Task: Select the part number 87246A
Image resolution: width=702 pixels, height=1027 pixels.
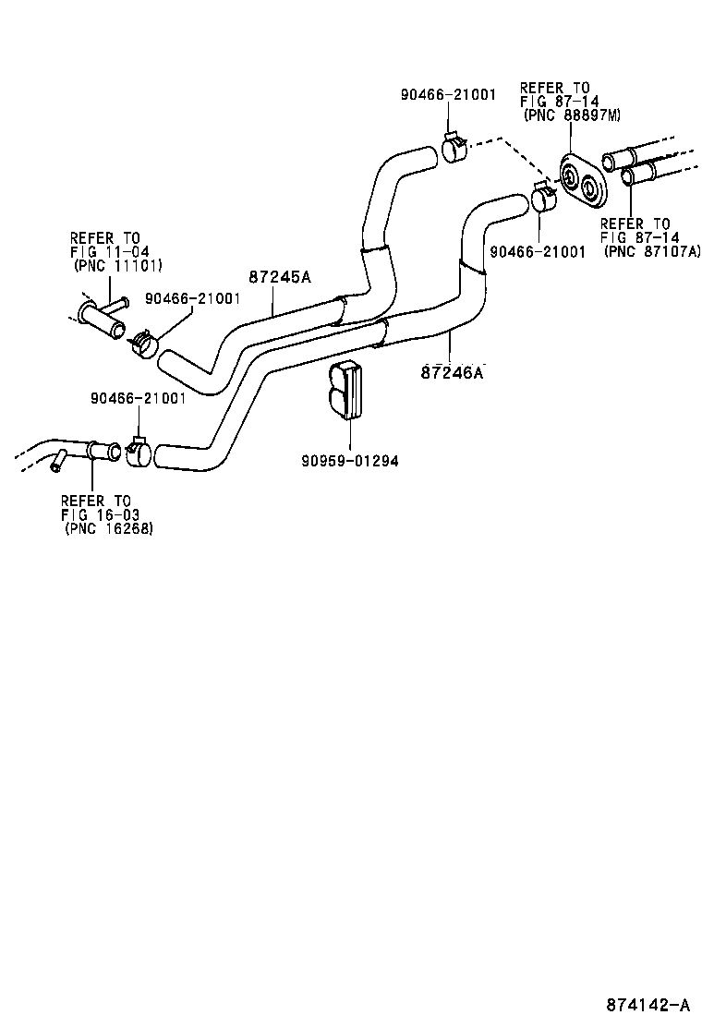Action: click(x=453, y=372)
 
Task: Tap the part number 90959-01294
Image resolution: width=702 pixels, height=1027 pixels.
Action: click(x=349, y=461)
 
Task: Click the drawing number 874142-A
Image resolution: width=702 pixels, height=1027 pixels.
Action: click(x=648, y=1005)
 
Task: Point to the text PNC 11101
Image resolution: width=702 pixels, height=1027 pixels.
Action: click(x=117, y=266)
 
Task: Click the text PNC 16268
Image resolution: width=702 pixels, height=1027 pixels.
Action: click(x=109, y=528)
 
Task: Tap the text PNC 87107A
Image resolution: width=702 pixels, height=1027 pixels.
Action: click(x=652, y=250)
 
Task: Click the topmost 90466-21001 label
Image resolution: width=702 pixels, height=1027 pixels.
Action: click(x=448, y=94)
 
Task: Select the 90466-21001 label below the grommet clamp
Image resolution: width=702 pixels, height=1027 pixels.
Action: click(x=538, y=250)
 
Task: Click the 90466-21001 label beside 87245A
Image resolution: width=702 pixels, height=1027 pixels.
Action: click(x=193, y=298)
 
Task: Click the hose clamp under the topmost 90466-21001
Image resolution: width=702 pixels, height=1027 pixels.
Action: click(x=453, y=148)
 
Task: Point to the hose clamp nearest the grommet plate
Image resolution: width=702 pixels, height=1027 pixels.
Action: click(x=543, y=199)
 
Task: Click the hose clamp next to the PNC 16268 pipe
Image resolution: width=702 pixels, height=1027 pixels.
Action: click(x=139, y=453)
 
